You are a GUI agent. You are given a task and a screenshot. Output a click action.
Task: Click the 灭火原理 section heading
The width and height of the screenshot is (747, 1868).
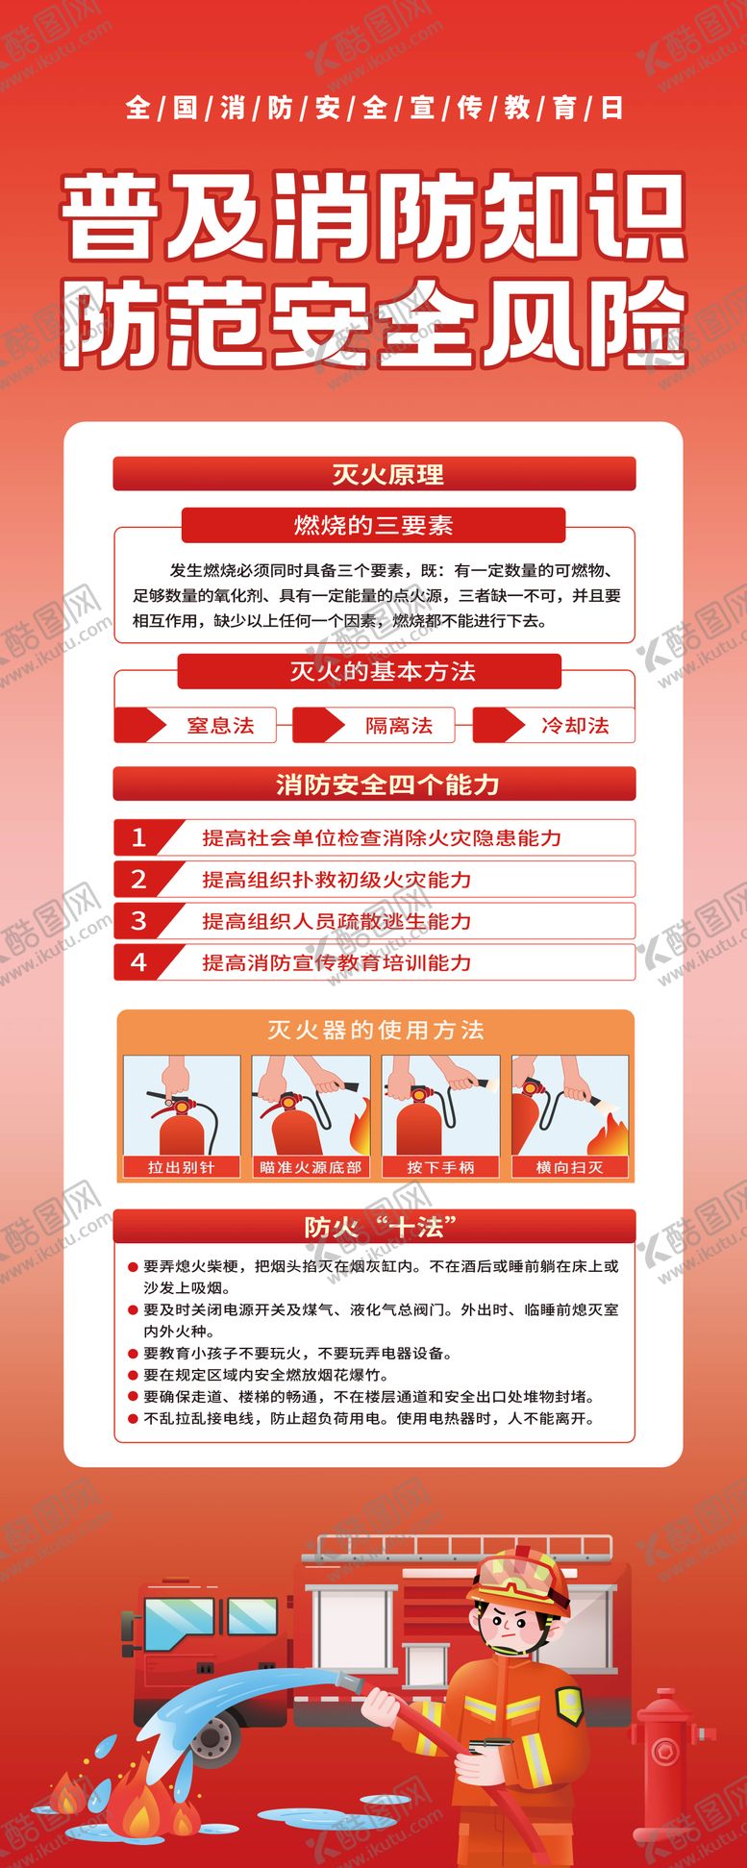tap(374, 475)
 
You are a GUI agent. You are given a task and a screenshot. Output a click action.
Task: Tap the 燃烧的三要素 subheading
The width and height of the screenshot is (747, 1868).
tap(373, 526)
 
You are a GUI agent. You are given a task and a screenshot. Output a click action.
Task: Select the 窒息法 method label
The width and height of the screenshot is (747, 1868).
tap(220, 726)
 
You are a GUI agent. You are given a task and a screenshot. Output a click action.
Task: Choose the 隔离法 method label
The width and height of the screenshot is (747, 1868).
tap(398, 726)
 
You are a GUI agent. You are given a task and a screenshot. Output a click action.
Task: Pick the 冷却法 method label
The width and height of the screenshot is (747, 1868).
tap(575, 726)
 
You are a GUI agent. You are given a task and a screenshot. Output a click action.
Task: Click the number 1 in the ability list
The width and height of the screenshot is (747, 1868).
tap(138, 837)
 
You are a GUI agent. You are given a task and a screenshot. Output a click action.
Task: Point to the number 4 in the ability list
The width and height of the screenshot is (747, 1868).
tap(138, 962)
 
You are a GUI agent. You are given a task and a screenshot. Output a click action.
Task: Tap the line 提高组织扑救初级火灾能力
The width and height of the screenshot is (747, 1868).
tap(336, 880)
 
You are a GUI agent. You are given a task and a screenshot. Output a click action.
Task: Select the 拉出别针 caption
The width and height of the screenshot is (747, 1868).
tap(181, 1167)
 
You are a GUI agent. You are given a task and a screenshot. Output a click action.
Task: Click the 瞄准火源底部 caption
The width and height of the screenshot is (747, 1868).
tap(311, 1167)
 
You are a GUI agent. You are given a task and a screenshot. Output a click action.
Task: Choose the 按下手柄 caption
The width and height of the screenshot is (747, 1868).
tap(440, 1167)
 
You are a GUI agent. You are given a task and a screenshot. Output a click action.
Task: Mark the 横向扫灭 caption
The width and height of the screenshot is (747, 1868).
tap(569, 1167)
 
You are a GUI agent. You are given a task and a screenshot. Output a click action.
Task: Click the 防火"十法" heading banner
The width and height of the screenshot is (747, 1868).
tap(374, 1227)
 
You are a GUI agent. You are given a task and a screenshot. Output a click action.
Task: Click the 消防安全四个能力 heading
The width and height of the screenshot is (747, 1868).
tap(374, 785)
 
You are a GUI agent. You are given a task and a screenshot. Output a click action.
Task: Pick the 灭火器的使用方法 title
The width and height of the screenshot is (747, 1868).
tap(375, 1031)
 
